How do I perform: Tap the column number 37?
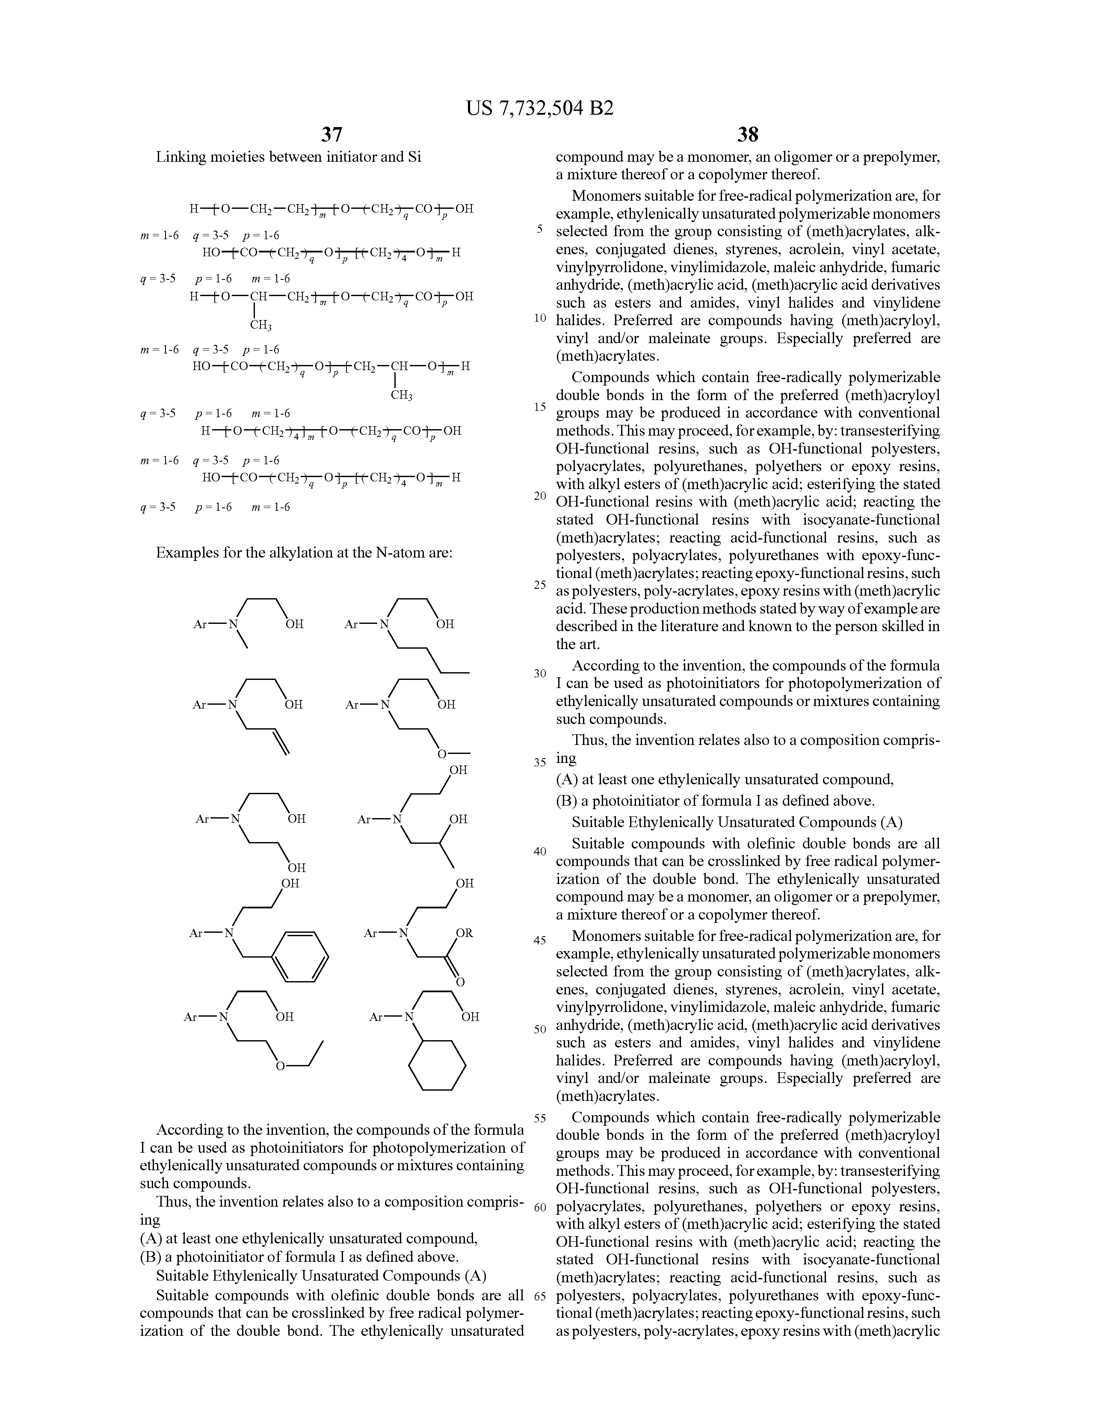tap(331, 134)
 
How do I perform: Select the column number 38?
tap(748, 134)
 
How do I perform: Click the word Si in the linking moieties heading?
tap(414, 157)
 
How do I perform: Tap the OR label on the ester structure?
tap(464, 933)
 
